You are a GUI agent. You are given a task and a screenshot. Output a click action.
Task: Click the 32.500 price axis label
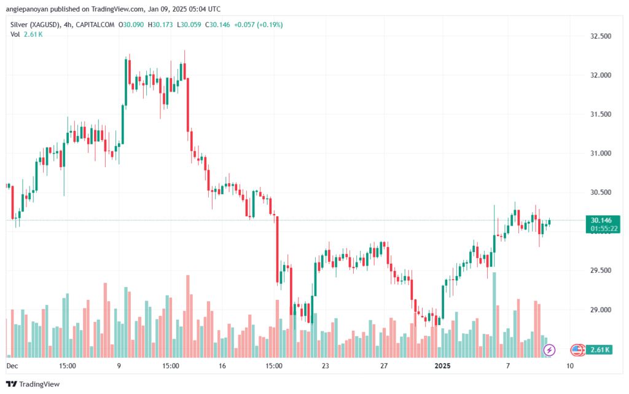(601, 36)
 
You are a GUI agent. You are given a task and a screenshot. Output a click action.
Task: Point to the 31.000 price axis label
(601, 153)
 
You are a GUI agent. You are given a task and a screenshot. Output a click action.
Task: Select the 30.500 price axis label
(601, 192)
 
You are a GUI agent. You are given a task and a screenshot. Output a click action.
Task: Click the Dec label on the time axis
(12, 366)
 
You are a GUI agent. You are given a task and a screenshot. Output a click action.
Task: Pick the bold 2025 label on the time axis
(443, 366)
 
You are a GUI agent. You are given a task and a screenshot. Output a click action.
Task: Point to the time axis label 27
(384, 366)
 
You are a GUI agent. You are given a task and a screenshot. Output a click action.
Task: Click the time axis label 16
(222, 366)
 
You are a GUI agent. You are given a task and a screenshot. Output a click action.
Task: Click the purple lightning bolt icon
(550, 350)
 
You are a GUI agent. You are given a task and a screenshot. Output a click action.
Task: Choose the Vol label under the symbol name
(15, 34)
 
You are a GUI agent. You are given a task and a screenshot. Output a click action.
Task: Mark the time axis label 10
(571, 366)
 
